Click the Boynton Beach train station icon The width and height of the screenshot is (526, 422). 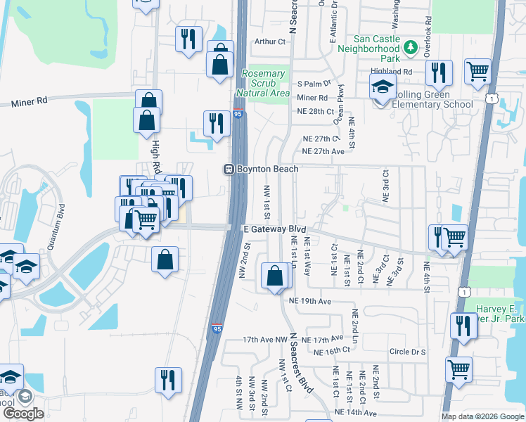pyautogui.click(x=229, y=170)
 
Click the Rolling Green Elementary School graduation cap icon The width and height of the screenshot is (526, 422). pyautogui.click(x=383, y=88)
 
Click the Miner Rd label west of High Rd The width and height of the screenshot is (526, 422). pyautogui.click(x=30, y=102)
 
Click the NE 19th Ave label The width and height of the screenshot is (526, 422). pyautogui.click(x=309, y=302)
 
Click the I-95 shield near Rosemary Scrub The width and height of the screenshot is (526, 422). pyautogui.click(x=238, y=113)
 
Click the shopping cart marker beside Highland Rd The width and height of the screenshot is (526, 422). pyautogui.click(x=477, y=70)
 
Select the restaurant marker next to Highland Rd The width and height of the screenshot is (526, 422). pyautogui.click(x=439, y=72)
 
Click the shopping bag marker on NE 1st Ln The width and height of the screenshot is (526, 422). pyautogui.click(x=274, y=276)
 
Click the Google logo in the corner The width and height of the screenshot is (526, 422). pyautogui.click(x=23, y=414)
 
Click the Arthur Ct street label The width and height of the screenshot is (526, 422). pyautogui.click(x=271, y=42)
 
